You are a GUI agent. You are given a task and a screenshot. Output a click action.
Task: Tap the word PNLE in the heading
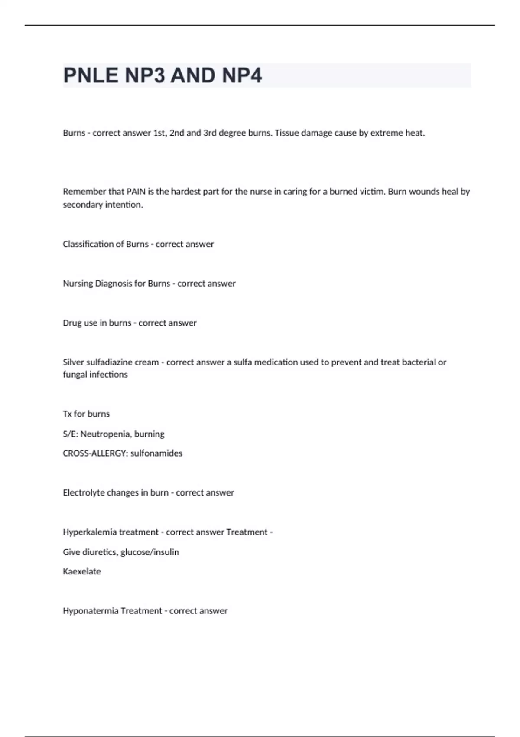91,75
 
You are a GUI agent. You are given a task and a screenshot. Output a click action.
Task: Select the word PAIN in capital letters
136,192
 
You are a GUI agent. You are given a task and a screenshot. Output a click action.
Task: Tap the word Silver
74,362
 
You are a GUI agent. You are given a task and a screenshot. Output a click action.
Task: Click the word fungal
74,375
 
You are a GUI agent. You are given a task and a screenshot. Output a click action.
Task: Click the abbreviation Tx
67,414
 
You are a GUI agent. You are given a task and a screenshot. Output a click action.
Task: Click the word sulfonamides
156,453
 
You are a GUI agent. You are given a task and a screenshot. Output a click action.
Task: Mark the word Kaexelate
82,572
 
